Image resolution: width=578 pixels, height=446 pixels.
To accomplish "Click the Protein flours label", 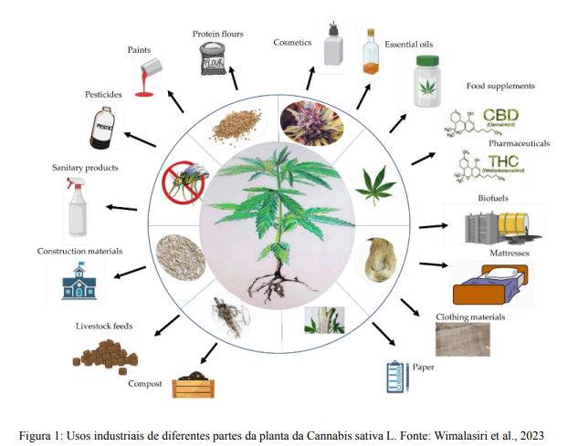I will coord(217,34).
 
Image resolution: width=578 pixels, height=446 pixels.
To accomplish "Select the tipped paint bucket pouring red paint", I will coord(151,78).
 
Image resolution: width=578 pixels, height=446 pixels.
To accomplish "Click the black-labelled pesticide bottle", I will coord(102,128).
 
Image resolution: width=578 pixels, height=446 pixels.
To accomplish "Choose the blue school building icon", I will coord(77,284).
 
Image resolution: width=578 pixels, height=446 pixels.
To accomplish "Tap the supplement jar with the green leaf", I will coord(426,84).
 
